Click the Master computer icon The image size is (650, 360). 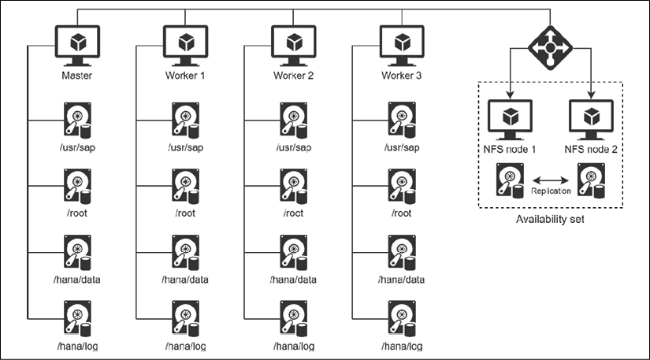tap(76, 43)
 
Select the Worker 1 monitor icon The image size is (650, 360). tap(185, 43)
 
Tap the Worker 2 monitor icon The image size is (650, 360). tap(293, 43)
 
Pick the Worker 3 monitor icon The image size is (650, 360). tap(402, 43)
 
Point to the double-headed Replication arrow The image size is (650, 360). tap(550, 179)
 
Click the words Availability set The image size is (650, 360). tap(549, 220)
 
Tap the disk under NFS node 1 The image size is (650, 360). tap(508, 180)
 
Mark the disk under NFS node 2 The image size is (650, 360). tap(591, 180)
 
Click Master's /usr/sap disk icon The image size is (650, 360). tap(76, 121)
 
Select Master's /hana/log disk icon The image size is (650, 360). tap(76, 319)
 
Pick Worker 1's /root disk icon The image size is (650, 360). tap(185, 187)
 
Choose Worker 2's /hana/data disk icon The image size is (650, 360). tap(293, 253)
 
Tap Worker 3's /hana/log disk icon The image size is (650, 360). tap(402, 319)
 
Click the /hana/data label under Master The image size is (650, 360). tap(77, 279)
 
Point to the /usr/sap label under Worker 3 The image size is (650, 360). tap(402, 147)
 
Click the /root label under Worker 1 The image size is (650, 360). tap(185, 213)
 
